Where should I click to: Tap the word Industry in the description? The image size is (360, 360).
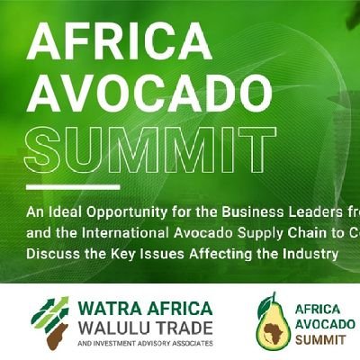tap(309, 256)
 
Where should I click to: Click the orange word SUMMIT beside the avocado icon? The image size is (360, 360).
tap(319, 340)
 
